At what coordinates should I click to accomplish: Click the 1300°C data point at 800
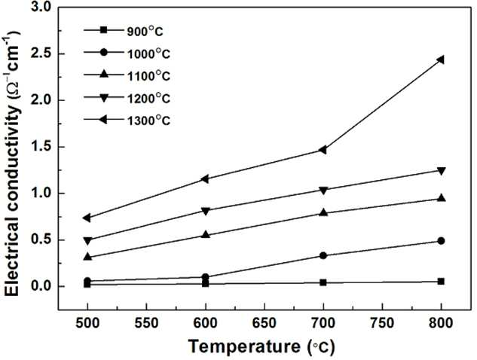coord(441,59)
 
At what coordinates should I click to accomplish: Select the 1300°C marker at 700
coord(323,150)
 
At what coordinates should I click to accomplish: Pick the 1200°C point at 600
coord(206,211)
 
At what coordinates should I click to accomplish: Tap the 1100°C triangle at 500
coord(87,257)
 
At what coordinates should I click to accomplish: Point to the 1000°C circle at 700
coord(323,256)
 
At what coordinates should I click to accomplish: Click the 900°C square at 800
coord(441,281)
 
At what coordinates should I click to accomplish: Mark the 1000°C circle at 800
coord(441,241)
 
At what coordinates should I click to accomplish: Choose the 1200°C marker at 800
coord(441,170)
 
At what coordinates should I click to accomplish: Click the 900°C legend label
coord(145,31)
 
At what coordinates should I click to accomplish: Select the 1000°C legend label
coord(148,53)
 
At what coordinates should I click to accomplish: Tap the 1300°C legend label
coord(148,121)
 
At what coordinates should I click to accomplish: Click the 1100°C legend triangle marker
coord(104,74)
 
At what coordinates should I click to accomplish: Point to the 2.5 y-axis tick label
coord(44,53)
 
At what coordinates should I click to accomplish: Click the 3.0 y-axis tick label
coord(44,8)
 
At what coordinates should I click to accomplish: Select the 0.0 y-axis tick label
coord(44,286)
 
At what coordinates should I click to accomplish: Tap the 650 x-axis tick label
coord(264,323)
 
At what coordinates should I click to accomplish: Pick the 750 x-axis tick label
coord(382,323)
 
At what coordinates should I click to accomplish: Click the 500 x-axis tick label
coord(87,323)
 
